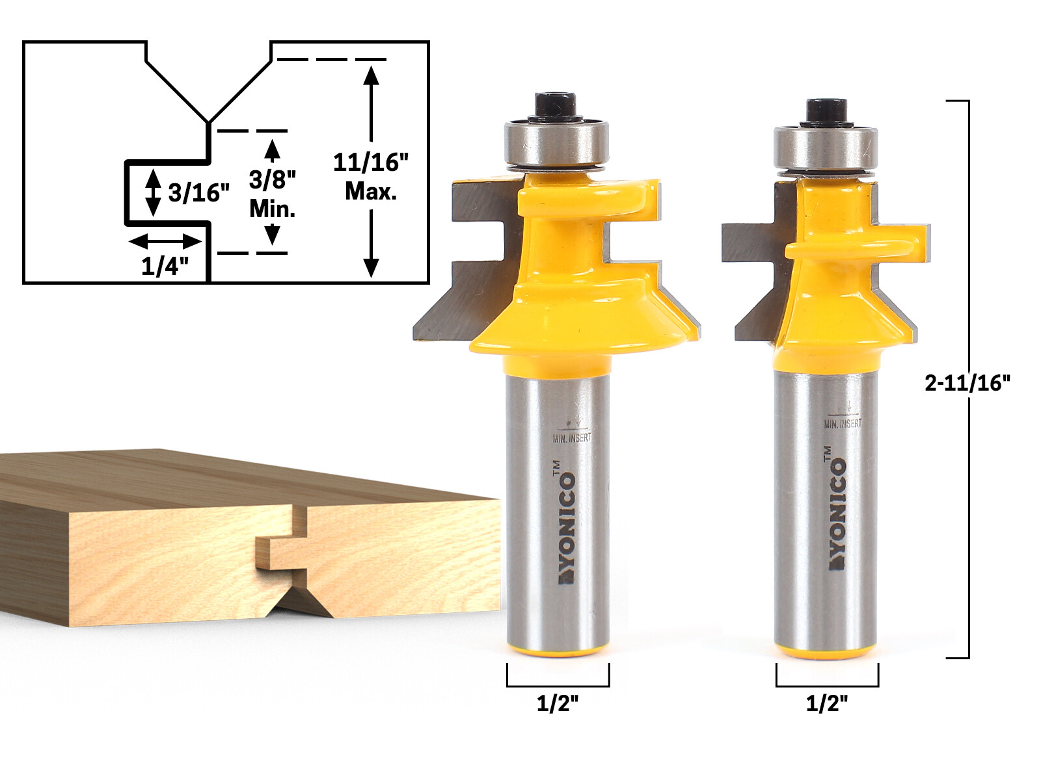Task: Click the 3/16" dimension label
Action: pos(199,192)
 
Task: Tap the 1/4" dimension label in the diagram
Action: pos(165,266)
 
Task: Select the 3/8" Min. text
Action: pos(273,194)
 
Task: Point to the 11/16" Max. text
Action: pos(371,176)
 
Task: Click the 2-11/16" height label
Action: pos(967,383)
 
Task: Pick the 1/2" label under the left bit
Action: pos(558,703)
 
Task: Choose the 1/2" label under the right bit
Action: pos(827,703)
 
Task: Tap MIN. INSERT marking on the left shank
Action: pos(572,438)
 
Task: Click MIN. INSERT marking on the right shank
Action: pos(843,423)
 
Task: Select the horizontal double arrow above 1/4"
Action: pos(165,242)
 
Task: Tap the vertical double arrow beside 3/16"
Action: pos(153,192)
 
